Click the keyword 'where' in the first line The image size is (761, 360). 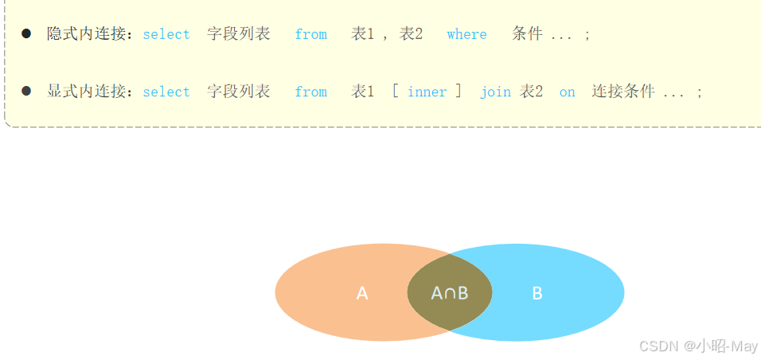pos(466,34)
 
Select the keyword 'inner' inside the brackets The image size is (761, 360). pos(427,92)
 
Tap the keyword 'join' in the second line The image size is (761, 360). pos(495,92)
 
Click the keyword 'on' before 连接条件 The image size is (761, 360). pos(567,92)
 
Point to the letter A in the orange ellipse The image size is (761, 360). pos(362,293)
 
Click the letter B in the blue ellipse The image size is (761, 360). pos(537,293)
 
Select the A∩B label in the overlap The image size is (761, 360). pos(450,293)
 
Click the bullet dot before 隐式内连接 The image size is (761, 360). pos(26,33)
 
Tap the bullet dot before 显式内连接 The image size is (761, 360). pos(26,91)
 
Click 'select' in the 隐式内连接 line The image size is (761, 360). pos(166,34)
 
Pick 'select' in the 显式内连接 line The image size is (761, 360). pos(166,92)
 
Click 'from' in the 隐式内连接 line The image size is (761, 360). pos(310,34)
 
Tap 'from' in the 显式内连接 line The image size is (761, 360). pos(310,92)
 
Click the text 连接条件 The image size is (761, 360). pos(622,91)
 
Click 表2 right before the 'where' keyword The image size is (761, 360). pos(411,33)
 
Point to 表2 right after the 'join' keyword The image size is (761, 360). pos(531,91)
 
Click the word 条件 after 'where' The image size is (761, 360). pos(527,33)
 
